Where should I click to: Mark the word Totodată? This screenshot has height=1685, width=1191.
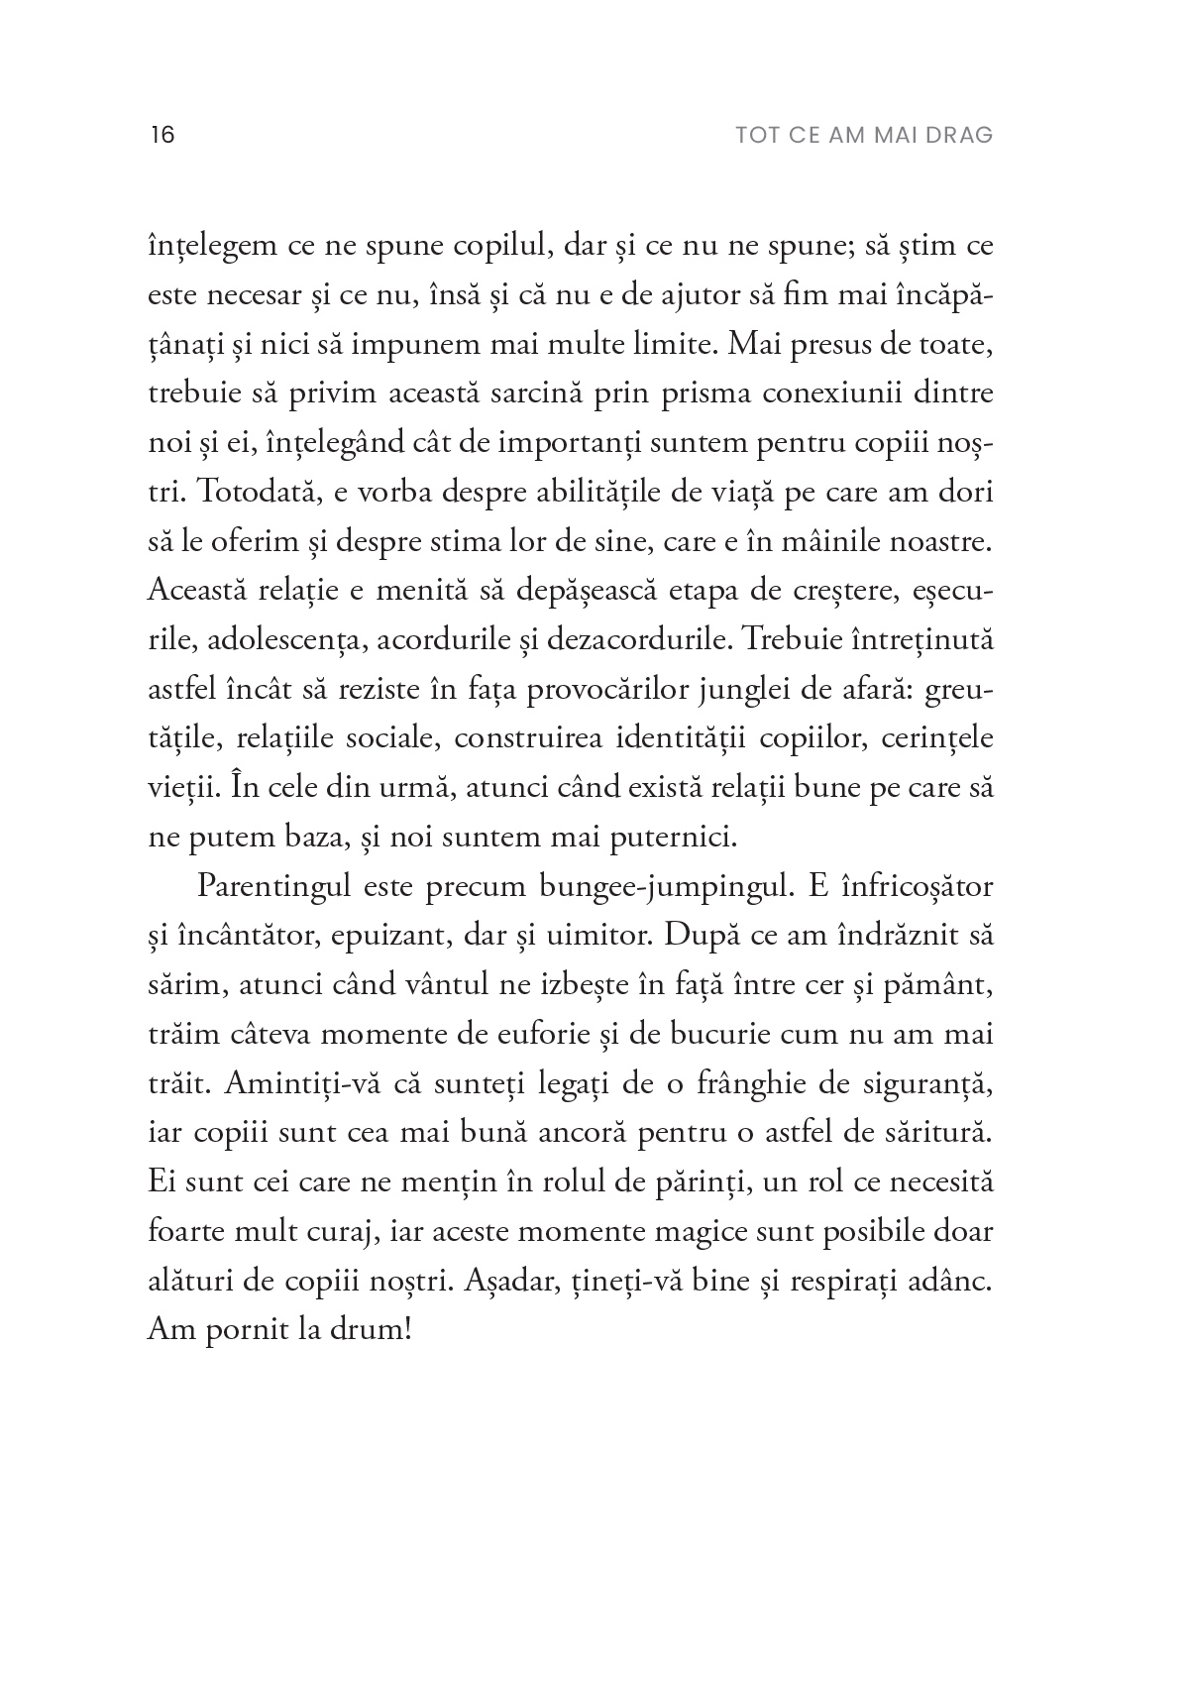click(226, 493)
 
